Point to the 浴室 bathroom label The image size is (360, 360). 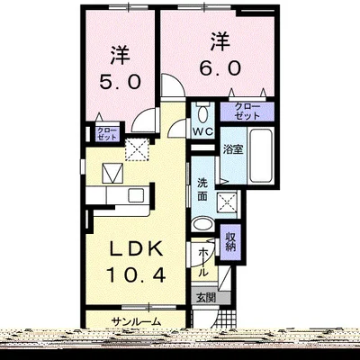(233, 149)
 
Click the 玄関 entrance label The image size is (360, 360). (205, 298)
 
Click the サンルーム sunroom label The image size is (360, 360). (137, 321)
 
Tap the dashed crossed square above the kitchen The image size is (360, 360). (138, 148)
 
